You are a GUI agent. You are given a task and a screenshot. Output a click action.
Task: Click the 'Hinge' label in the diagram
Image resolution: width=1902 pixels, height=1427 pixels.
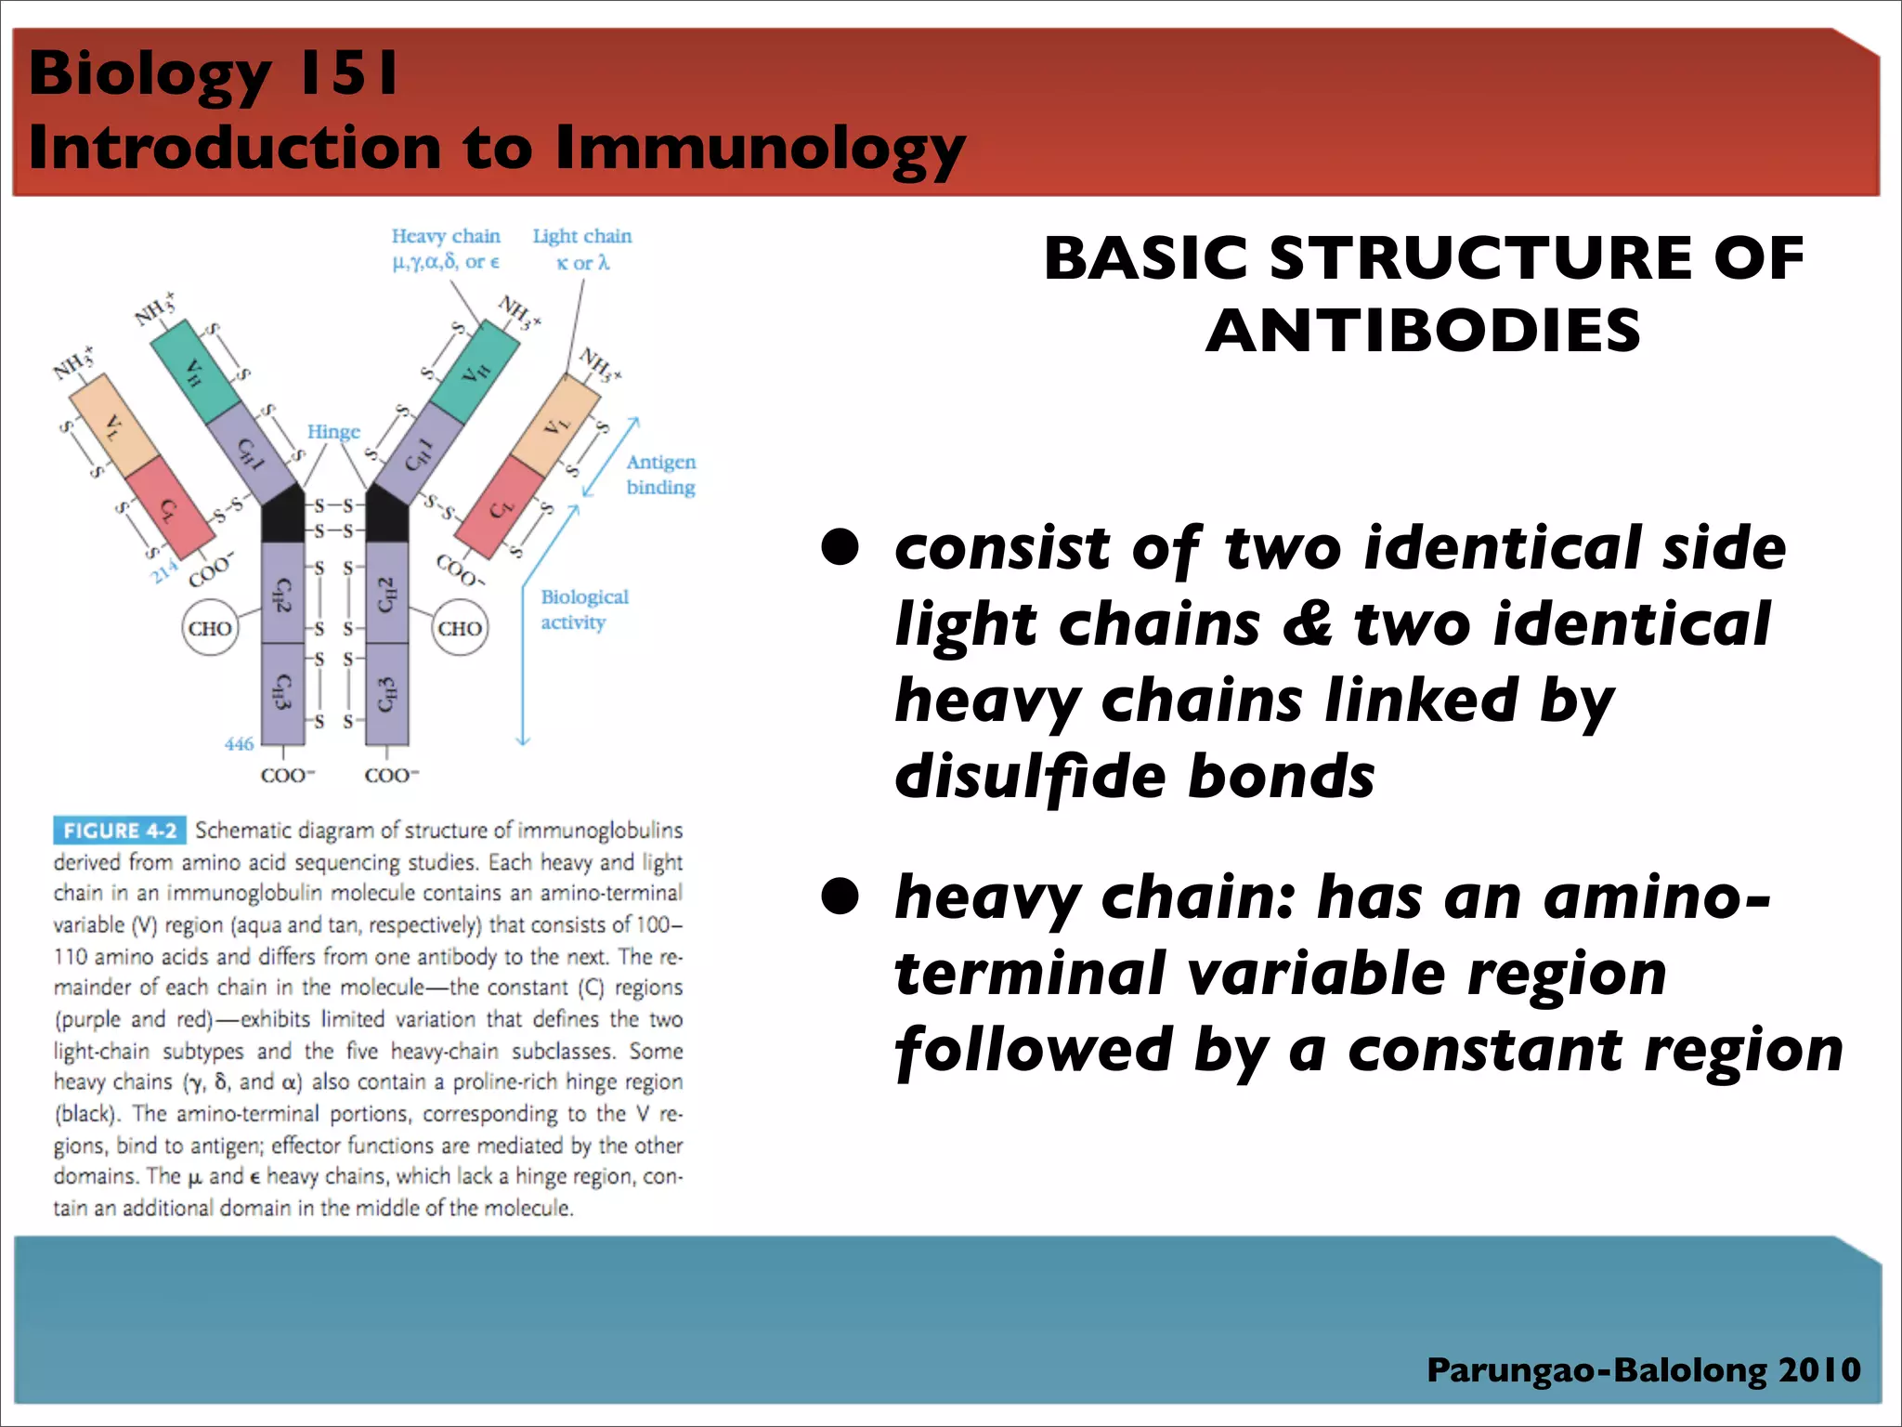tap(333, 432)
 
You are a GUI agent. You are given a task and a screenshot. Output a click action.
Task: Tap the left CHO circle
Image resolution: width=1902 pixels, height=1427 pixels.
tap(210, 629)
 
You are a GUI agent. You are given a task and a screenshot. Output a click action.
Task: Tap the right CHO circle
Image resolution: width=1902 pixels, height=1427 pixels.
tap(460, 629)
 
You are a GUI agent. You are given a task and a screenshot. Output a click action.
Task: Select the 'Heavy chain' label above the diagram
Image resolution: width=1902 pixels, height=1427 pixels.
tap(446, 236)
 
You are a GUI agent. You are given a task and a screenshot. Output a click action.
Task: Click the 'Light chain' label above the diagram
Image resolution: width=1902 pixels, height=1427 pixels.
tap(582, 236)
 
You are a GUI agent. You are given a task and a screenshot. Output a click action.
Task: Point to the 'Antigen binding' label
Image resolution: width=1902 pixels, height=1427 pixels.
tap(660, 474)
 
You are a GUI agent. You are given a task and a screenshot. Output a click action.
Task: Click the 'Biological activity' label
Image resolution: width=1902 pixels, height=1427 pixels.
tap(584, 609)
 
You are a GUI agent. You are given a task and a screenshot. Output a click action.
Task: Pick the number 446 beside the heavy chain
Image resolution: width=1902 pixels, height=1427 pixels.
tap(239, 744)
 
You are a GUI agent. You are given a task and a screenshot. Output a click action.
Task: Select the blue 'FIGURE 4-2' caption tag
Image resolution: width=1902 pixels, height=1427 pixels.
tap(120, 831)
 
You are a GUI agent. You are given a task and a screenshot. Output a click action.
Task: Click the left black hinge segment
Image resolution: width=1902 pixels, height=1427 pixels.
tap(282, 520)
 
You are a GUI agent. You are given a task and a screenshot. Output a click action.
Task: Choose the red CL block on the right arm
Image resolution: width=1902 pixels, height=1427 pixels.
tap(502, 506)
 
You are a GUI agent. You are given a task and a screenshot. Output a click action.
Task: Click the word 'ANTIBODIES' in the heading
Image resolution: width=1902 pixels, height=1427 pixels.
tap(1423, 331)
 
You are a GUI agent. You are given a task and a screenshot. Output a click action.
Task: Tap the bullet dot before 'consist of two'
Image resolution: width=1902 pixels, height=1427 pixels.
tap(840, 547)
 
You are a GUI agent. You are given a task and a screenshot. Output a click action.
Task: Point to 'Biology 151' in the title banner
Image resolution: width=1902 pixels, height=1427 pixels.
tap(214, 72)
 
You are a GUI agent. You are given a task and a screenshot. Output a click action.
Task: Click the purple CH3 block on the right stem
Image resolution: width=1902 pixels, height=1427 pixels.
tap(387, 694)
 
